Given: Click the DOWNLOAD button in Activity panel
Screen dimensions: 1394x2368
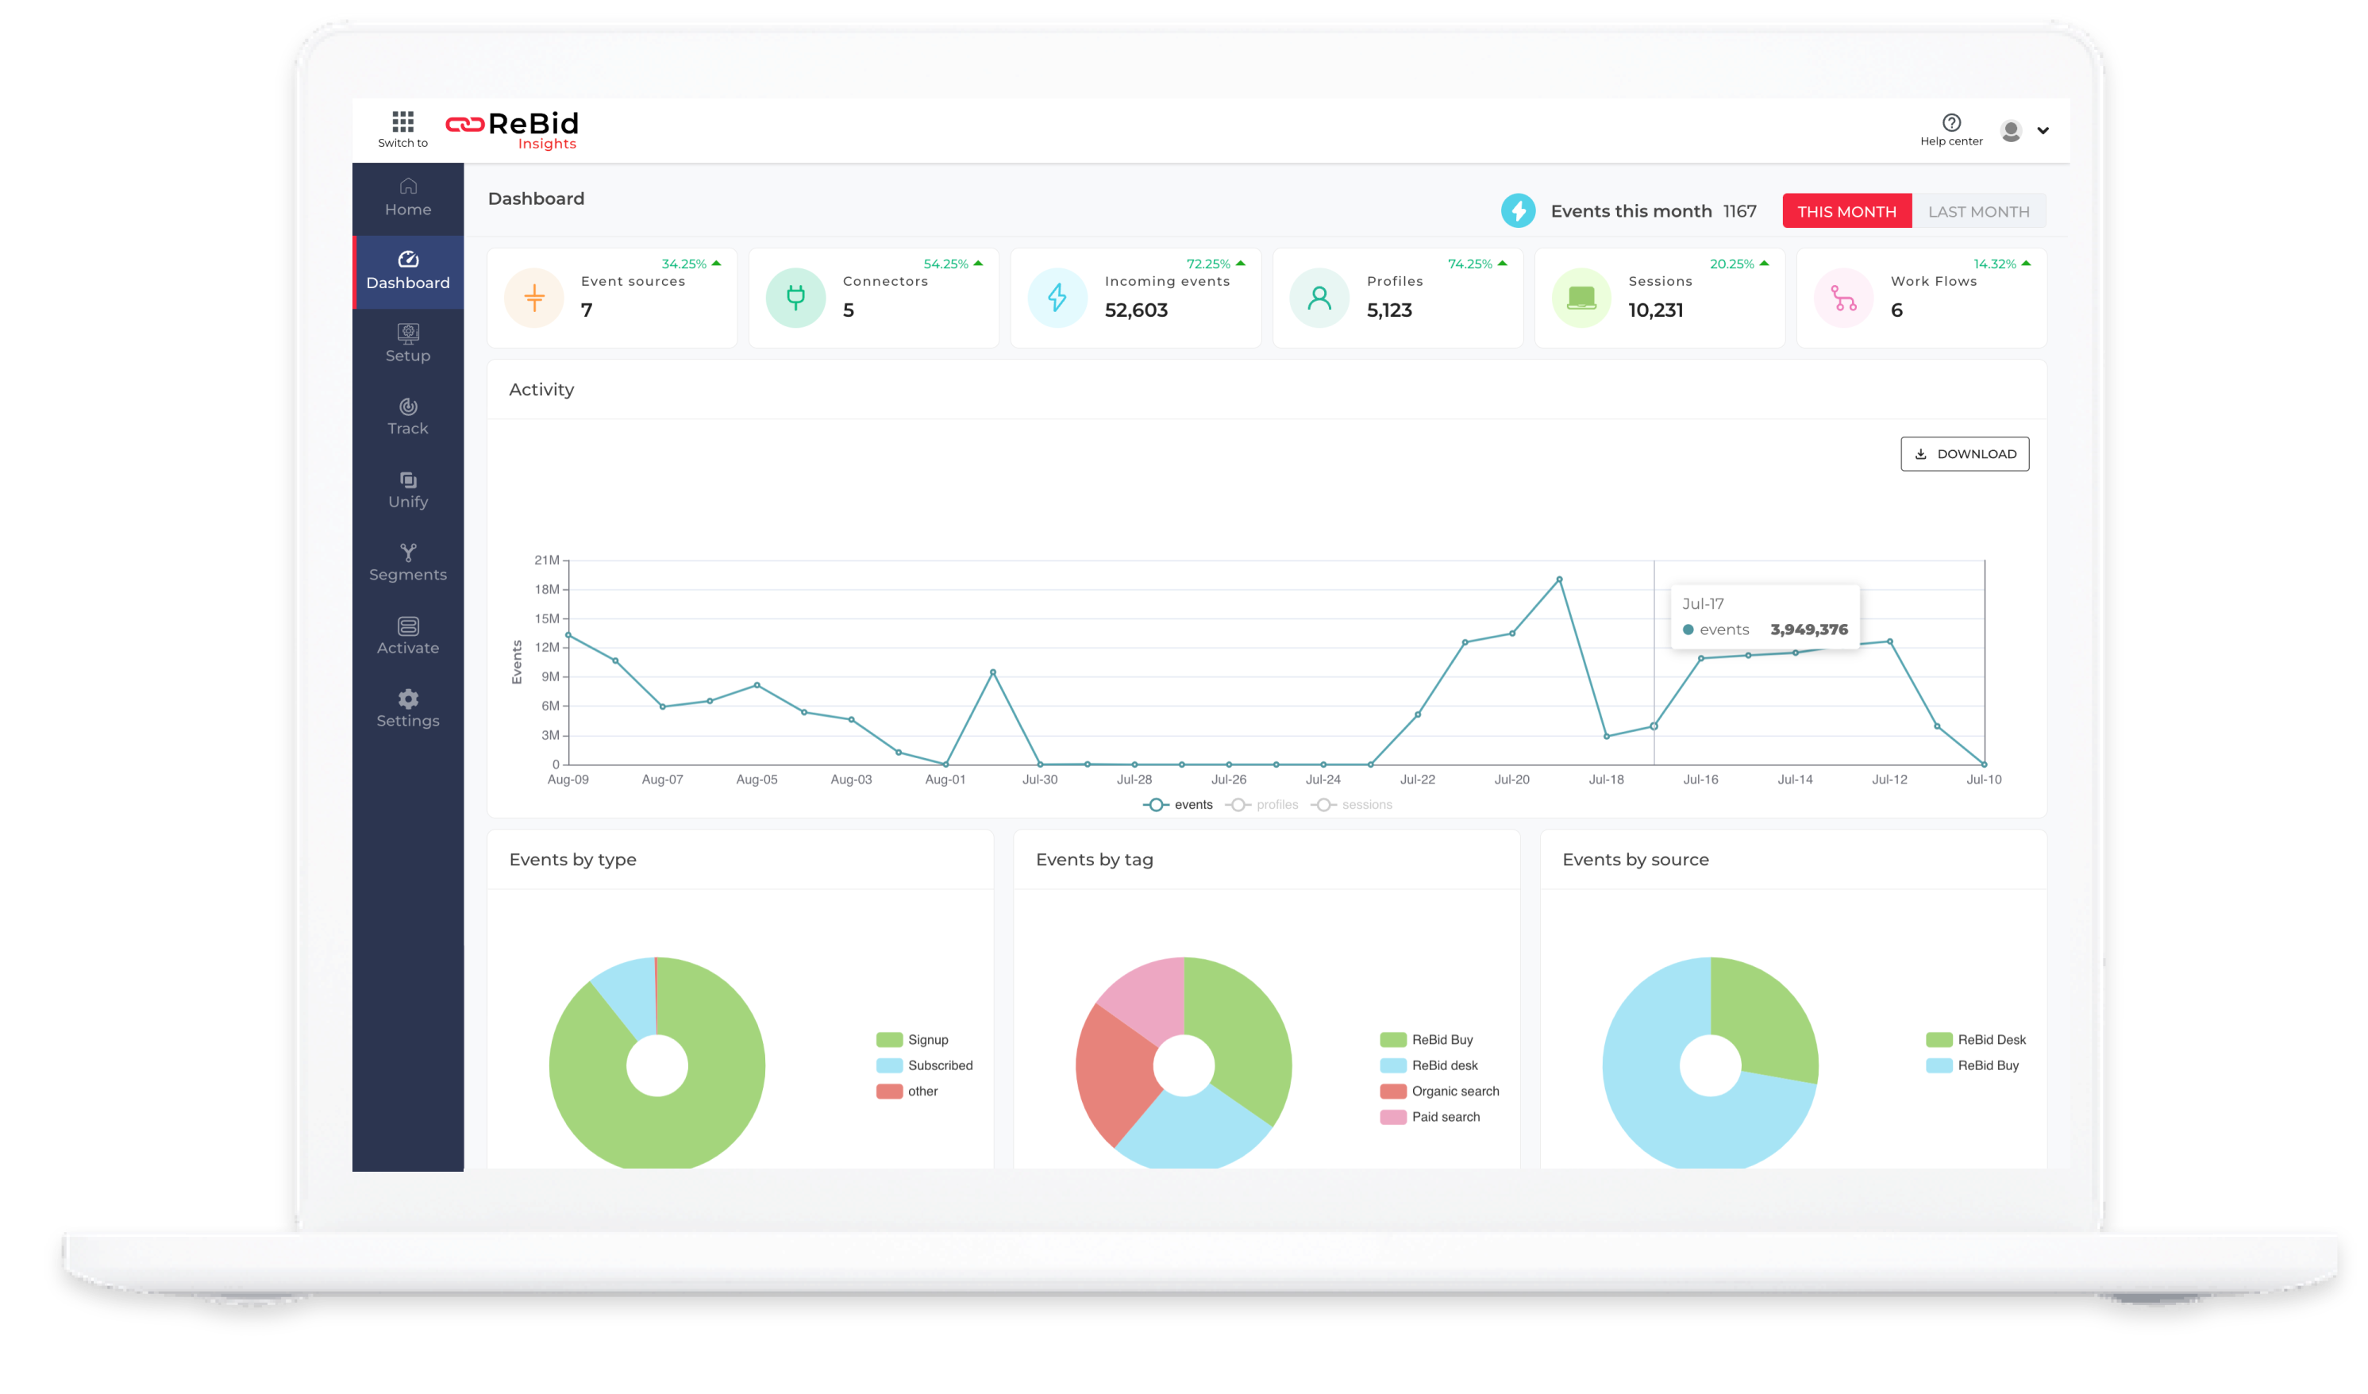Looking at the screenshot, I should coord(1964,454).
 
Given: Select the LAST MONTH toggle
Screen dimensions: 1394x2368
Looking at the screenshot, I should coord(1978,211).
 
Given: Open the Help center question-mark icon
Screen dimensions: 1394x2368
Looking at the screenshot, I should coord(1950,123).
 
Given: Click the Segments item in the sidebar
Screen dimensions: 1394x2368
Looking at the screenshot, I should coord(408,563).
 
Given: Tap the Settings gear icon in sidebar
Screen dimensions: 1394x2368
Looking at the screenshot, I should coord(408,699).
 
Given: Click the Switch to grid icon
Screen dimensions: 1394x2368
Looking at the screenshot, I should coord(403,121).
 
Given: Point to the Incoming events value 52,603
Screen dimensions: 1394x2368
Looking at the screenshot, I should coord(1135,310).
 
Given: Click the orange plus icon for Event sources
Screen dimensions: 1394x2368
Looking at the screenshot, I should coord(533,298).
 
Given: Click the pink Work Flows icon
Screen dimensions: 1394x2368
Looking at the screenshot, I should coord(1842,298).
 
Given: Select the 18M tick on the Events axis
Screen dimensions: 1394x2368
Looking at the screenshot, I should coord(547,589).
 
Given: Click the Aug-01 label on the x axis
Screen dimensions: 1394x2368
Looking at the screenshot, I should coord(945,780).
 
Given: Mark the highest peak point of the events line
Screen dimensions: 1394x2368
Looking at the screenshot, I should coord(1559,580).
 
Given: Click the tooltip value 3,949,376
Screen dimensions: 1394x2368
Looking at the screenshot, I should coord(1808,630).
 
